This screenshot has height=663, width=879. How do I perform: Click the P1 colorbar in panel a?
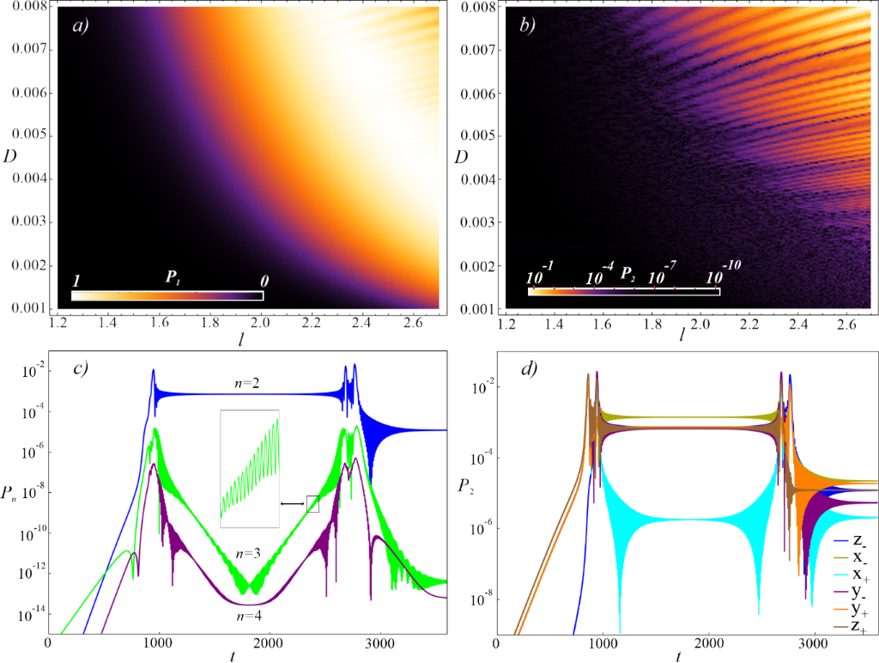click(x=167, y=296)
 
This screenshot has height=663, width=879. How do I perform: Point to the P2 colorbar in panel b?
click(x=624, y=292)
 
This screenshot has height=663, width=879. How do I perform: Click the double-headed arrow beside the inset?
click(x=293, y=504)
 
